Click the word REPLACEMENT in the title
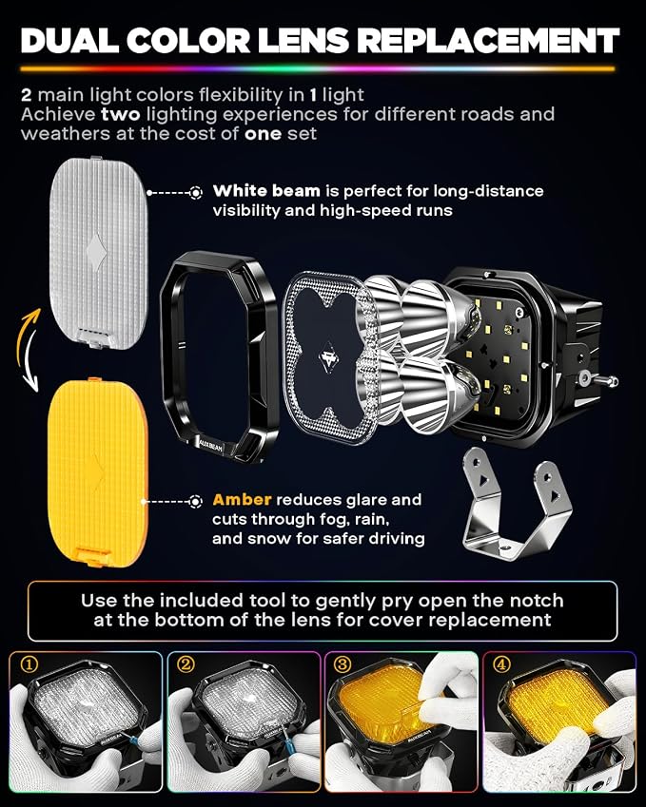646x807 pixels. (x=488, y=40)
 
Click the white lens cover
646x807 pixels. (x=99, y=253)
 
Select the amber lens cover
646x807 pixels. (x=97, y=472)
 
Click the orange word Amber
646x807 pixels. (x=242, y=500)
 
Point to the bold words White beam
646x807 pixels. (x=266, y=191)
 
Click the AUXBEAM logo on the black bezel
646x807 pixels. (x=210, y=445)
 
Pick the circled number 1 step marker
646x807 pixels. (x=29, y=664)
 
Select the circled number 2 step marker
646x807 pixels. (x=186, y=663)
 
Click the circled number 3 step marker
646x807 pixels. (x=343, y=664)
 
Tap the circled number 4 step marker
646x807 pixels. (x=500, y=664)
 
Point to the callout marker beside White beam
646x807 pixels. (x=196, y=193)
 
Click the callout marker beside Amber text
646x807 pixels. (x=195, y=501)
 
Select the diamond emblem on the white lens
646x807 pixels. (x=96, y=250)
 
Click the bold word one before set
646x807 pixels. (x=263, y=134)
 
